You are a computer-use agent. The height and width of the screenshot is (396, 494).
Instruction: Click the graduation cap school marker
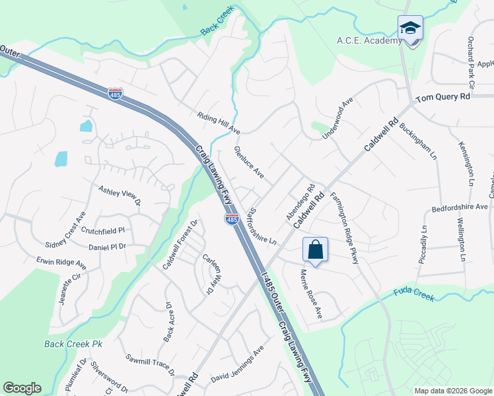[x=410, y=29]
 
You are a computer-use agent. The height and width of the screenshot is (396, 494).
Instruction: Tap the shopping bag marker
[x=316, y=251]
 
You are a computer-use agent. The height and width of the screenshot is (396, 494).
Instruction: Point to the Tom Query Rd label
[x=442, y=97]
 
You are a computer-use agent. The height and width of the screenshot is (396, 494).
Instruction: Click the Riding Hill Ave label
[x=218, y=123]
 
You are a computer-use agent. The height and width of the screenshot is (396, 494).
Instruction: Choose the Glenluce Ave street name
[x=249, y=162]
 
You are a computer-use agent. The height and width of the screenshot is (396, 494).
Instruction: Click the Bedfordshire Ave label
[x=459, y=207]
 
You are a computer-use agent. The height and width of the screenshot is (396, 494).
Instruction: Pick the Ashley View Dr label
[x=120, y=195]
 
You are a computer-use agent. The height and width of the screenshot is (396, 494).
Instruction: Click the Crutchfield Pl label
[x=102, y=231]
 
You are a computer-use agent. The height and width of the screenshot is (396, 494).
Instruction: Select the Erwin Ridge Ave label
[x=61, y=262]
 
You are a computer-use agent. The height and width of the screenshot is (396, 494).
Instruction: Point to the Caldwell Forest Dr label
[x=180, y=245]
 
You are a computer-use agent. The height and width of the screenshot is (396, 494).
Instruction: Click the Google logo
[x=22, y=388]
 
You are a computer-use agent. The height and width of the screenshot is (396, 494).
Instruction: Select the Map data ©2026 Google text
[x=453, y=391]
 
